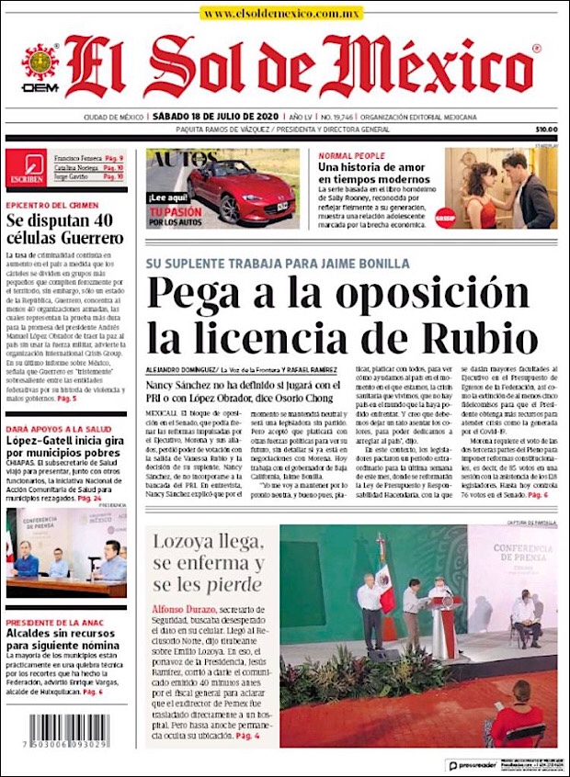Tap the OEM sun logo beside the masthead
40,63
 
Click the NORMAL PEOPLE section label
351,155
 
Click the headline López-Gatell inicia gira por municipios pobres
65,451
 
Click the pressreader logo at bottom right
473,764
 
